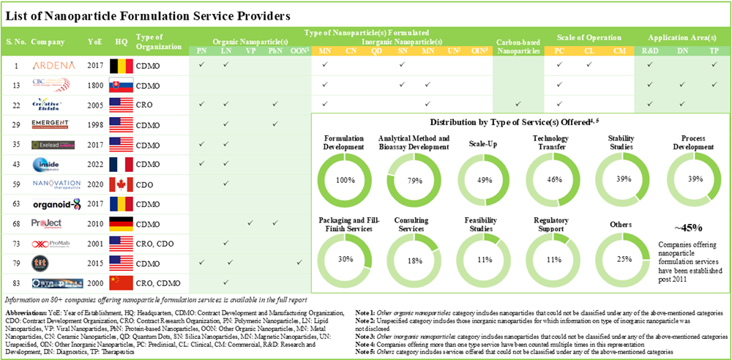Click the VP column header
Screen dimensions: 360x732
coord(251,51)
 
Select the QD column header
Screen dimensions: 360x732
coord(376,51)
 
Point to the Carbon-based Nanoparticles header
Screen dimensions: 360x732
coord(518,47)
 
